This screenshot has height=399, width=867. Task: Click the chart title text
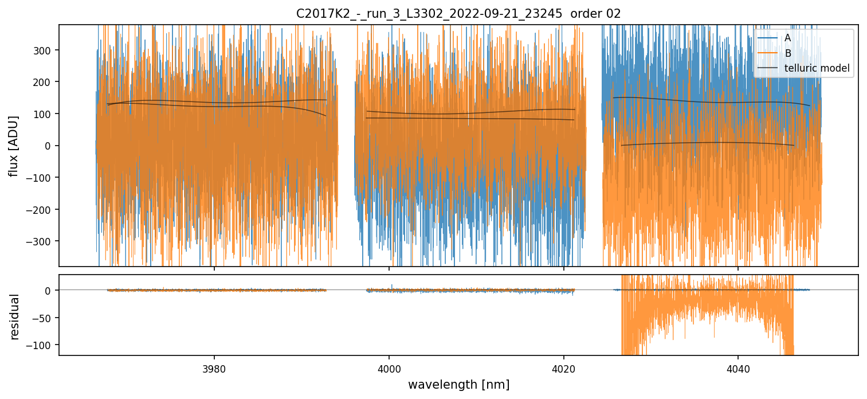pos(458,14)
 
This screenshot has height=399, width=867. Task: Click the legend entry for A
pos(787,38)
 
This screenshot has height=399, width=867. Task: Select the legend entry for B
pos(787,53)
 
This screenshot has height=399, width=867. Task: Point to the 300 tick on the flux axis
pos(45,50)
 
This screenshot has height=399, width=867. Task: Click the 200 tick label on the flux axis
pos(45,82)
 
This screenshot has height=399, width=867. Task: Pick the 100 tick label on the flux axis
pos(45,114)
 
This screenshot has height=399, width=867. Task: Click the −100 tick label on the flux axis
pos(42,178)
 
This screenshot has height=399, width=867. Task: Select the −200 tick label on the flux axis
pos(42,209)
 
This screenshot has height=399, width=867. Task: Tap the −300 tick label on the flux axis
pos(42,241)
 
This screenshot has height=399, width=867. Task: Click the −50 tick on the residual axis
pos(45,318)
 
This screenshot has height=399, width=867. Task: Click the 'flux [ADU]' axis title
pos(14,146)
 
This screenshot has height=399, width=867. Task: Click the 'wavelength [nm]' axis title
pos(458,385)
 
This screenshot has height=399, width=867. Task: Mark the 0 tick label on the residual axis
pos(50,291)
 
